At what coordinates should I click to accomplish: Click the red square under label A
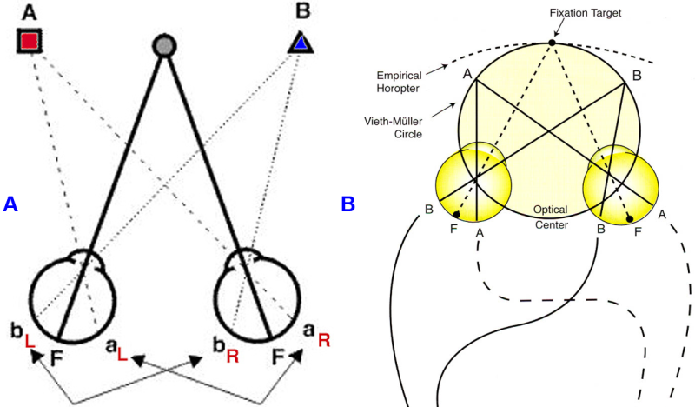(x=30, y=40)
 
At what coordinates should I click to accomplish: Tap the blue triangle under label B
(x=300, y=42)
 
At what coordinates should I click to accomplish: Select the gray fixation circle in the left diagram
(x=163, y=45)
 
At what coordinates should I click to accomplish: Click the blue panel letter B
(x=347, y=203)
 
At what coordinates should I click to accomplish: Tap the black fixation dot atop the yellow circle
(x=552, y=43)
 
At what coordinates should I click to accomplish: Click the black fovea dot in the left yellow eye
(x=457, y=215)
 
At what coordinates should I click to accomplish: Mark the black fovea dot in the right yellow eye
(x=629, y=219)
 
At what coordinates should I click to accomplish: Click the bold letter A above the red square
(x=29, y=10)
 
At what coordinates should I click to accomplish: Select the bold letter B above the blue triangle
(x=300, y=12)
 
